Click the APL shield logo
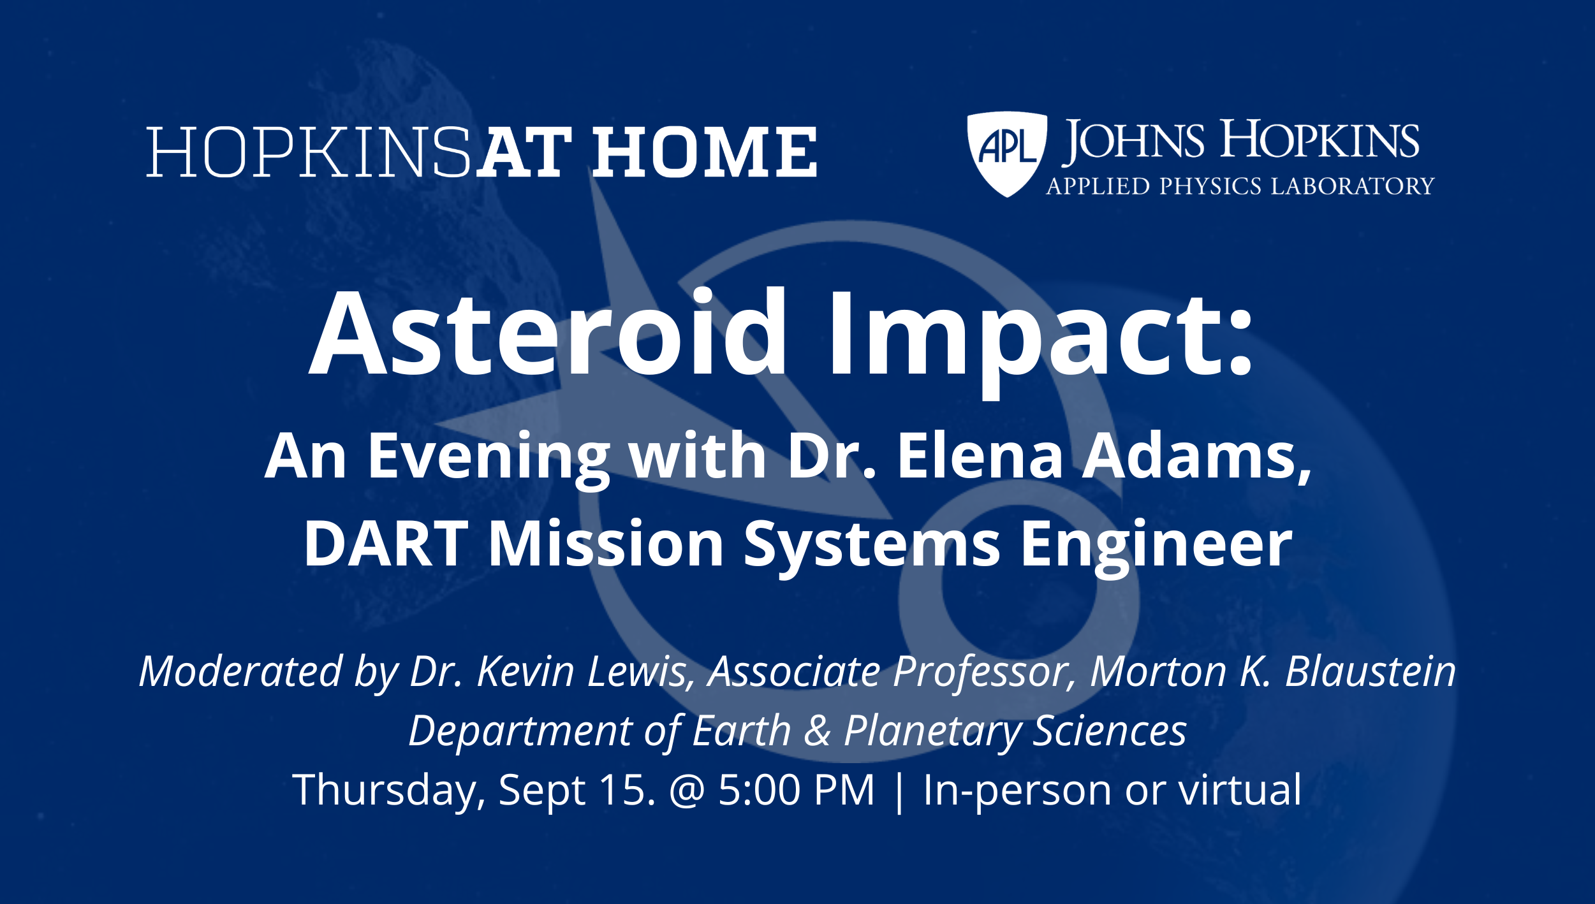[x=1007, y=154]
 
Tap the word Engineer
[x=1156, y=547]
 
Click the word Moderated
[x=241, y=671]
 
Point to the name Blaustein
[x=1371, y=671]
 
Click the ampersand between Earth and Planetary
[x=818, y=731]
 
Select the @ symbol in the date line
[x=687, y=792]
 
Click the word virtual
[x=1239, y=791]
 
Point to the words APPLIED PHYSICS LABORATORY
[x=1240, y=186]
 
